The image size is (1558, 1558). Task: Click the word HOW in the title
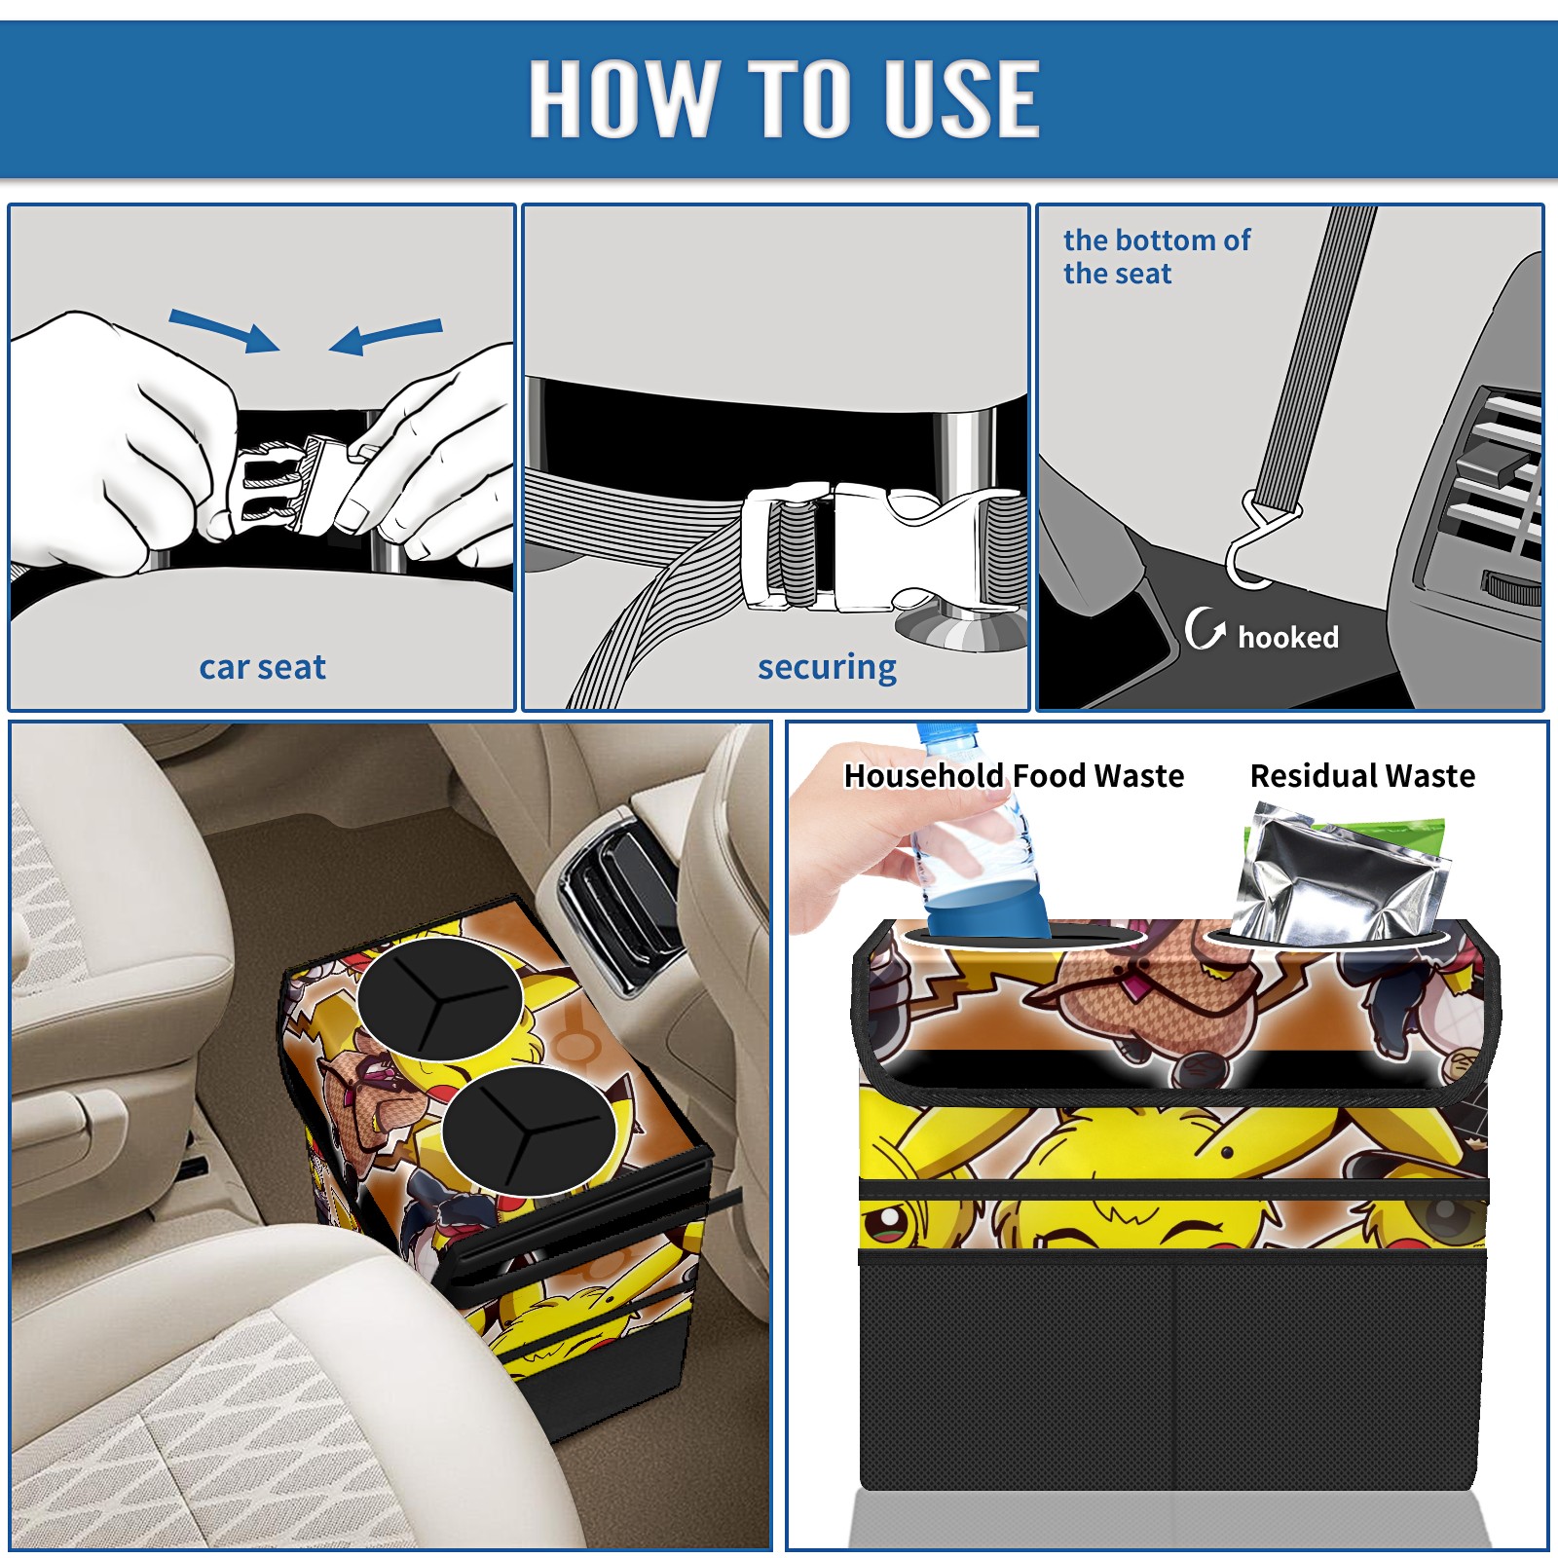pos(621,97)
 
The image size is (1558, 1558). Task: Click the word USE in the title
pos(961,97)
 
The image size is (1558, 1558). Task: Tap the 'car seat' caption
pos(262,667)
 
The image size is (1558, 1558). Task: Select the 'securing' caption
pos(827,668)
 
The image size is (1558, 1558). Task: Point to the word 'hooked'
pos(1287,637)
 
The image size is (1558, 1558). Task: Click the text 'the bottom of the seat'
pos(1156,257)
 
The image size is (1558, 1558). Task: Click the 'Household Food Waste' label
pos(1014,775)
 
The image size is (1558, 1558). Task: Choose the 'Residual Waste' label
pos(1362,775)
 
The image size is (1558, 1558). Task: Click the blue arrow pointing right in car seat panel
pos(224,330)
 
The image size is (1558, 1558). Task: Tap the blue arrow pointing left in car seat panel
pos(386,337)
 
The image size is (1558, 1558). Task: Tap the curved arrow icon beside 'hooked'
pos(1205,628)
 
